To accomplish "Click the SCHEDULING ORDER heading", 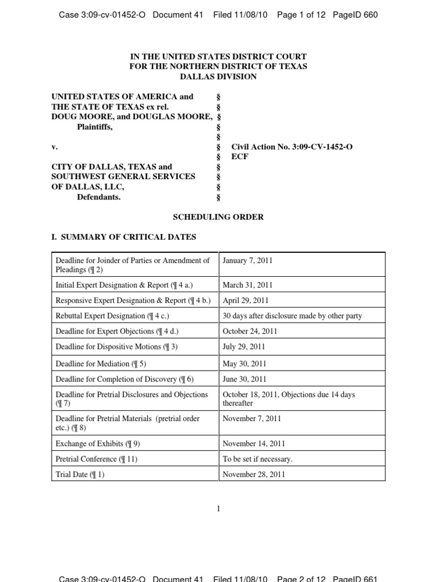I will pos(218,217).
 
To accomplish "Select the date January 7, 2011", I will pos(248,260).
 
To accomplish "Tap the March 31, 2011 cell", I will pos(248,285).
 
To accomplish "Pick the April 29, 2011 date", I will pos(246,300).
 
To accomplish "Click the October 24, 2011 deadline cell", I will pos(250,331).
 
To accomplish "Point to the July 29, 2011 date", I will pos(244,346).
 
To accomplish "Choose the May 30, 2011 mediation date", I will pos(245,364).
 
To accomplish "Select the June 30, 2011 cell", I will pos(245,379).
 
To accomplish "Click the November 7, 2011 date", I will pos(252,418).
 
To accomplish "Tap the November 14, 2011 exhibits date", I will pos(254,443).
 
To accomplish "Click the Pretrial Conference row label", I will pos(96,459).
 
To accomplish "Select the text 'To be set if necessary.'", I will pos(258,459).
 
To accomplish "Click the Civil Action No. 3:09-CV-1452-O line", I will pos(292,147).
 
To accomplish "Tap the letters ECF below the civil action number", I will pos(240,156).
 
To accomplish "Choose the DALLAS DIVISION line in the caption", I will pos(218,76).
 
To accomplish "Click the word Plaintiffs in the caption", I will pos(94,127).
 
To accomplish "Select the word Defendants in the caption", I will pos(98,197).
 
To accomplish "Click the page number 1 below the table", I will pos(218,509).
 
